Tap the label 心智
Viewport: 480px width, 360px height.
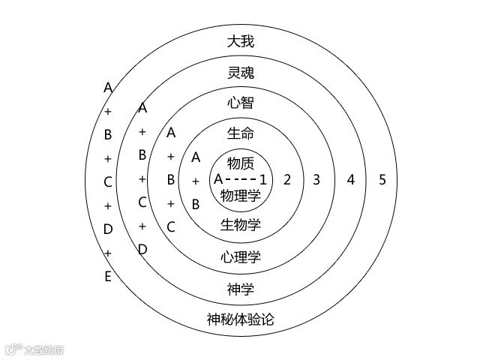coord(240,103)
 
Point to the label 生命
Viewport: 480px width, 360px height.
coord(240,134)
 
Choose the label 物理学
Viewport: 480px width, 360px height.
coord(240,195)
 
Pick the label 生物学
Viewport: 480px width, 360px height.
coord(240,225)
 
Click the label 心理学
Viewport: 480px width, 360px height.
coord(240,257)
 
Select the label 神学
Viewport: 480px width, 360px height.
coord(240,289)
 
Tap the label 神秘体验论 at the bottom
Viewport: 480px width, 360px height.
coord(240,319)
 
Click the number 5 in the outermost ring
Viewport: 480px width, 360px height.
coord(382,180)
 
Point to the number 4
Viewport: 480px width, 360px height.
coord(349,180)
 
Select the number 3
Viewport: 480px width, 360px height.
coord(316,180)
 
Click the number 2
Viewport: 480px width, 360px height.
coord(286,180)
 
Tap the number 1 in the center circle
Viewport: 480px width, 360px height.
coord(263,180)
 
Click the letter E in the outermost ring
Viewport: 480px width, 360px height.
coord(108,277)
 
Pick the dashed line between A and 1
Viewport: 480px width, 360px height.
coord(240,180)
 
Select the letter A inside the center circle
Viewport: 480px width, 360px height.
coord(218,180)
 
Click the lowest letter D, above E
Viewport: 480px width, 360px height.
coord(108,229)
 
